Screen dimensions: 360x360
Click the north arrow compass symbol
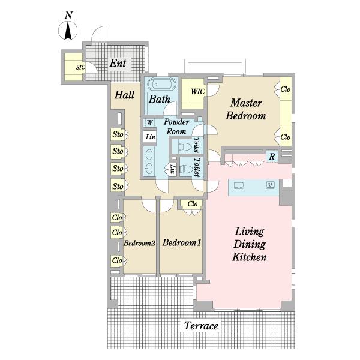[68, 31]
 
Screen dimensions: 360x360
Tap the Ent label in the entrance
[118, 63]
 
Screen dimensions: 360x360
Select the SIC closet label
[80, 67]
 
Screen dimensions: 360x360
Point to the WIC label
[198, 92]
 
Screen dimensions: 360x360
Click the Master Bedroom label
[246, 109]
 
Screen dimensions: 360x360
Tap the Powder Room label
[176, 127]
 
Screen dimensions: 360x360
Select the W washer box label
[149, 122]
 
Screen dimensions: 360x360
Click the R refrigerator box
[272, 157]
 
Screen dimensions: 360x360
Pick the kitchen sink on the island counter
[239, 185]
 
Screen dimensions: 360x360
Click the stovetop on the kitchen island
[271, 185]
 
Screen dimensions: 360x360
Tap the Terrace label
[201, 326]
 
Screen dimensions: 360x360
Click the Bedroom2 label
[139, 243]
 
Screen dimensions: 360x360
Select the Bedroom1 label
[182, 242]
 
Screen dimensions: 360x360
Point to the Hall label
[124, 95]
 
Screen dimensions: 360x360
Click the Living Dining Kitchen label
[250, 244]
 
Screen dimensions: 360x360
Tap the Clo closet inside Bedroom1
[192, 204]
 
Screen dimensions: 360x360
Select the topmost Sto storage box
[118, 134]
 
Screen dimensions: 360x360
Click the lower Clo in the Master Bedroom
[286, 137]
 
